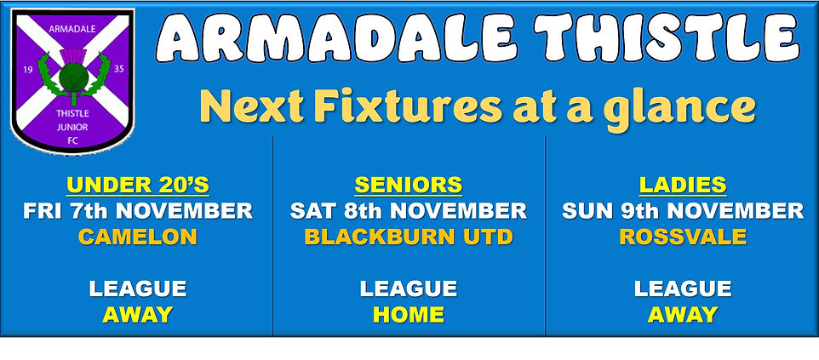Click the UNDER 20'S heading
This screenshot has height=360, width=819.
[x=137, y=185]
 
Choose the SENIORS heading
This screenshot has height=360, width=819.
[x=408, y=185]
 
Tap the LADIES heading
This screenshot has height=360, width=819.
[x=682, y=185]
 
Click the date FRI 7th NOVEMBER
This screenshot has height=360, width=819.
[x=137, y=210]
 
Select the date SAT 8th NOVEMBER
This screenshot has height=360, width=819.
[x=408, y=210]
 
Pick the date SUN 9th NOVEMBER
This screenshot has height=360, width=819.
[x=682, y=210]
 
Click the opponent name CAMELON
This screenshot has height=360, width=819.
[x=137, y=237]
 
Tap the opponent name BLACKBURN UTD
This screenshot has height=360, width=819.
[x=408, y=237]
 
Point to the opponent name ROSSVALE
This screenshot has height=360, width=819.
[x=682, y=237]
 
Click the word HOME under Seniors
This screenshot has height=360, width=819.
[x=408, y=314]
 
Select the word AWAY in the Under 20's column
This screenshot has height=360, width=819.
[x=137, y=314]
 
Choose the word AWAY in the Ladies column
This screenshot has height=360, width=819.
[x=682, y=314]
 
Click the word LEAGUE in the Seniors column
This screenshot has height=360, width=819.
[x=408, y=289]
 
